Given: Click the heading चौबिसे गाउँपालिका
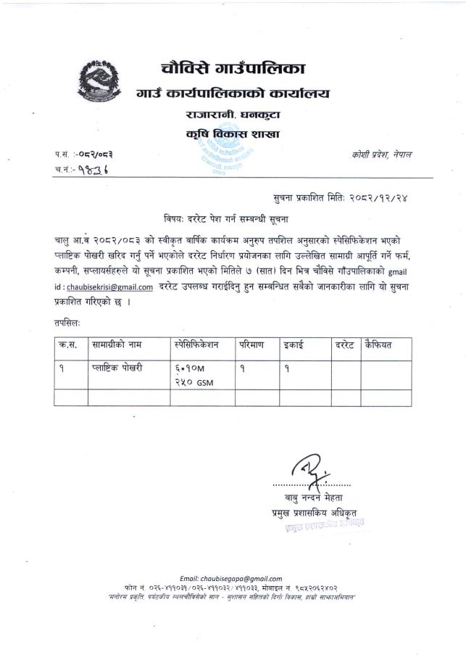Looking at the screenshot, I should click(x=233, y=70).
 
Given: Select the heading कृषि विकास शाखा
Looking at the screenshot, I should click(x=232, y=134).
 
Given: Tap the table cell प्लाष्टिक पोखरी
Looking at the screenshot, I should click(x=118, y=368).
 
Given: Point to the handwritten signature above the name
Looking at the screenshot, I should click(x=309, y=466).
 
